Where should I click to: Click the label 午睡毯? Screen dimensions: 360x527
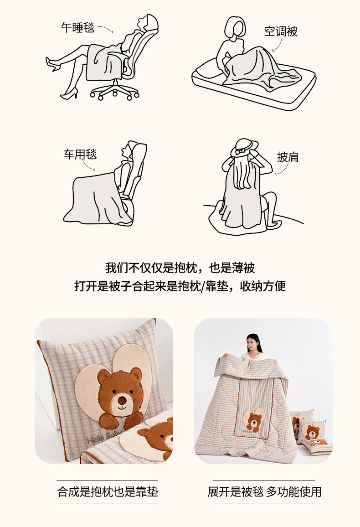pos(77,27)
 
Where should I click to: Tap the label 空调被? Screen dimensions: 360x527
pos(281,31)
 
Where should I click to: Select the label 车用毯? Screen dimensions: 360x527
pos(80,154)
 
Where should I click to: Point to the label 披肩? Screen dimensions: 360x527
pos(288,157)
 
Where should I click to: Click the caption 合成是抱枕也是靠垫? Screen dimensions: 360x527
pos(108,492)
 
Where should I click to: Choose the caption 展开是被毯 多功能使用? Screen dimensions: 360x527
pos(264,492)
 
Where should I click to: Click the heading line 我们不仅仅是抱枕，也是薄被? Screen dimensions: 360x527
pos(180,268)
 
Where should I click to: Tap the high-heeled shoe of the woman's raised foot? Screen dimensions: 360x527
pos(53,63)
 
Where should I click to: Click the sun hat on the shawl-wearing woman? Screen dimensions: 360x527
pos(244,148)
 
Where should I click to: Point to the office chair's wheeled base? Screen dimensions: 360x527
pos(114,90)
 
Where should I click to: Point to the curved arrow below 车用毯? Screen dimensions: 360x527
pos(88,165)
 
